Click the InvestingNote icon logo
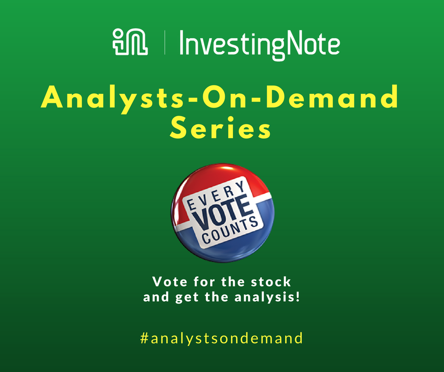point(130,42)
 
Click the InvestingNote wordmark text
point(260,45)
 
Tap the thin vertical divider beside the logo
point(164,42)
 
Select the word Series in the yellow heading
point(220,127)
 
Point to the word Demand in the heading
point(332,96)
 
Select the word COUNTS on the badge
point(230,230)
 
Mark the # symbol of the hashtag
point(145,338)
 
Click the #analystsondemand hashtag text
point(222,338)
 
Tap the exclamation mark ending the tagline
point(298,296)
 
